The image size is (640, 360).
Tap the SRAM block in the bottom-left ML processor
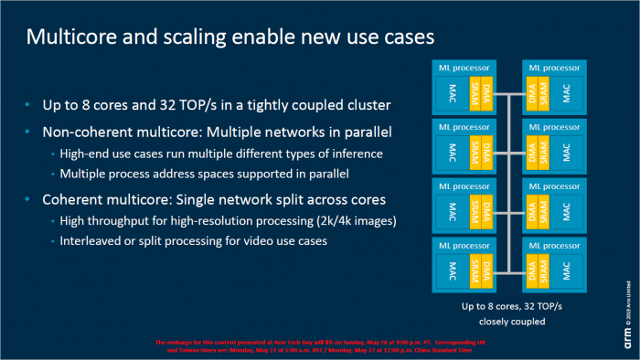pos(475,270)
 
